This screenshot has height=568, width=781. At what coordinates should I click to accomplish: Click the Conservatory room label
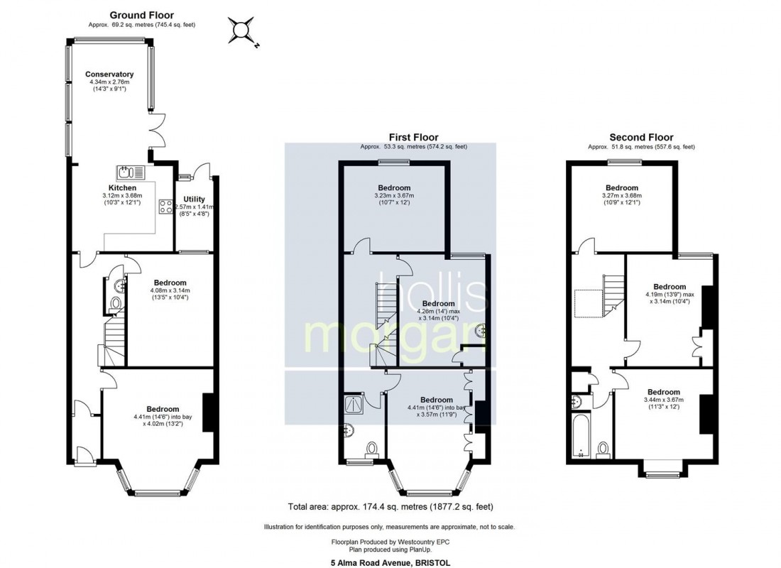[x=109, y=74]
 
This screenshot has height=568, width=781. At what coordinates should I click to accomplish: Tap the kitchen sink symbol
[x=130, y=172]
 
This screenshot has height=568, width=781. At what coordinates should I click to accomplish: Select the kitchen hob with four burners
[x=165, y=207]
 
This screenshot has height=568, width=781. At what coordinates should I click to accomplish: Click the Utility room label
[x=194, y=199]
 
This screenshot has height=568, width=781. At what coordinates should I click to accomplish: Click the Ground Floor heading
[x=141, y=15]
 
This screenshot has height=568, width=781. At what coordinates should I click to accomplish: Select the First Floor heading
[x=413, y=137]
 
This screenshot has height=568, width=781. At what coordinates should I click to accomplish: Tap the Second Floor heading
[x=641, y=137]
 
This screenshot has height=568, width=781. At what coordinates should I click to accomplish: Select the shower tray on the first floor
[x=354, y=404]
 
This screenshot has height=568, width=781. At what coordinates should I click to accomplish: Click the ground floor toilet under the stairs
[x=116, y=304]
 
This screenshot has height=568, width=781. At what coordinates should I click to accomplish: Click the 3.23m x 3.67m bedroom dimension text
[x=394, y=197]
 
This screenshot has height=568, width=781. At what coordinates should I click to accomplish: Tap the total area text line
[x=390, y=507]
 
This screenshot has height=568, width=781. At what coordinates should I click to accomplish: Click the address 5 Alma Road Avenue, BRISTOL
[x=390, y=562]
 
